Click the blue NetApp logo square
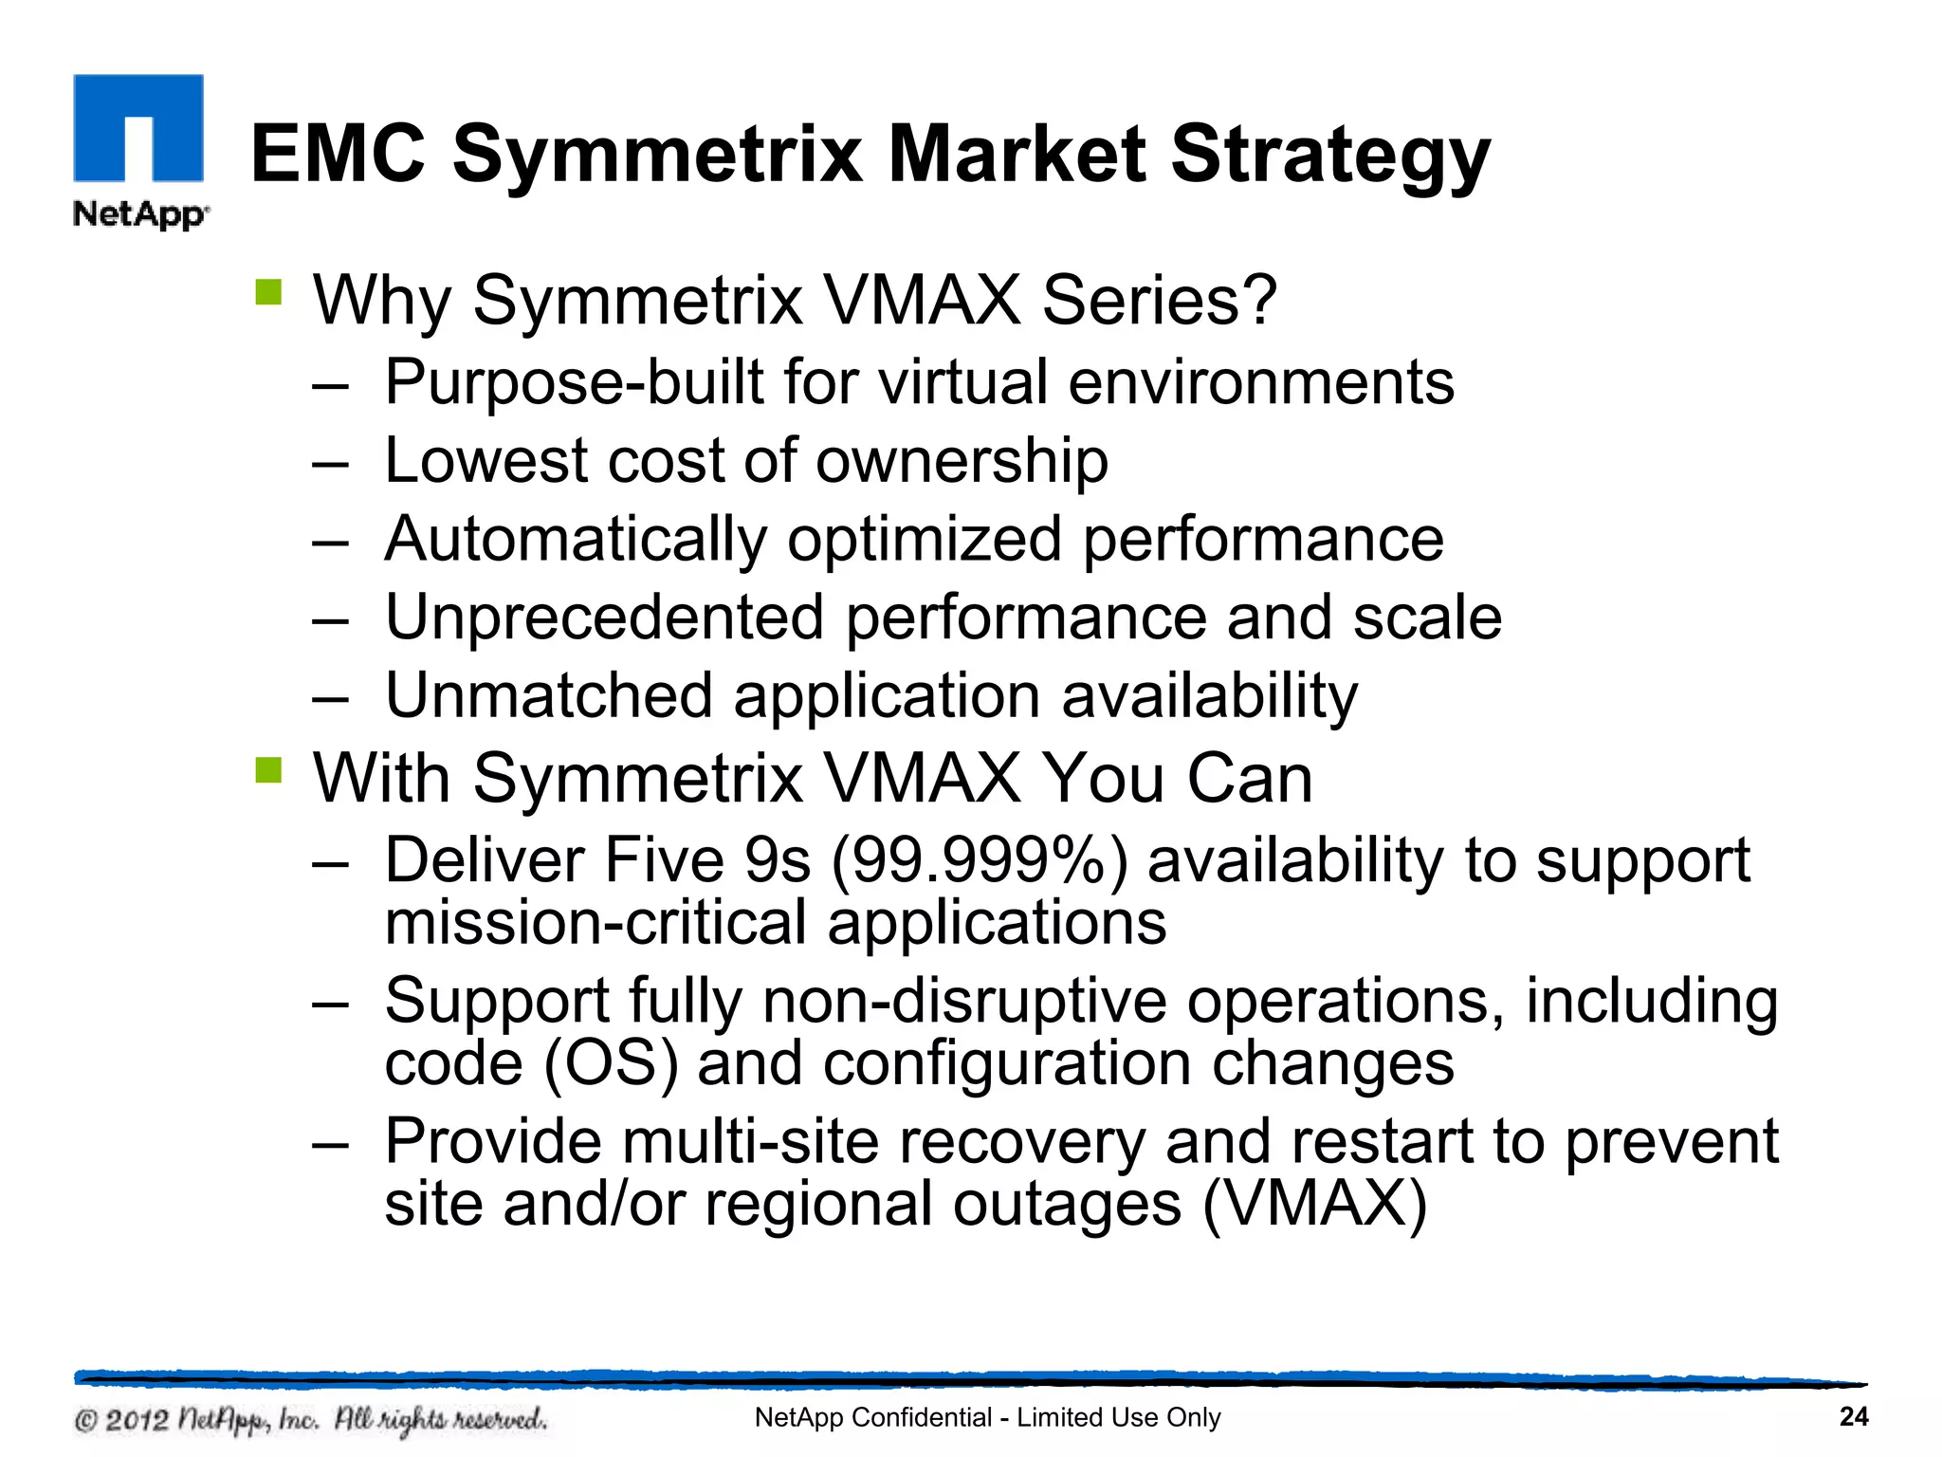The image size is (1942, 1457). (x=138, y=128)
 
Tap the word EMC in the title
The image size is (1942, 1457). (x=338, y=154)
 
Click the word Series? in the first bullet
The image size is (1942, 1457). (x=1159, y=300)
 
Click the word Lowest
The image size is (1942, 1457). (x=485, y=461)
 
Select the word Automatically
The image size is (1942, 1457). (x=576, y=540)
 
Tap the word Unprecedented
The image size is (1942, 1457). (x=604, y=618)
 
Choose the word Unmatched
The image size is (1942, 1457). (x=548, y=695)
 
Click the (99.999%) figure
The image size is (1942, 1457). (x=980, y=861)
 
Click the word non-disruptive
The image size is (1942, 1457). (x=964, y=1001)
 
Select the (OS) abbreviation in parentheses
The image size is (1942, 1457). (x=611, y=1063)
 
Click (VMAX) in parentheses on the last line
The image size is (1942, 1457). (x=1314, y=1204)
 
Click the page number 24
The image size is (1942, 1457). (x=1853, y=1417)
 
